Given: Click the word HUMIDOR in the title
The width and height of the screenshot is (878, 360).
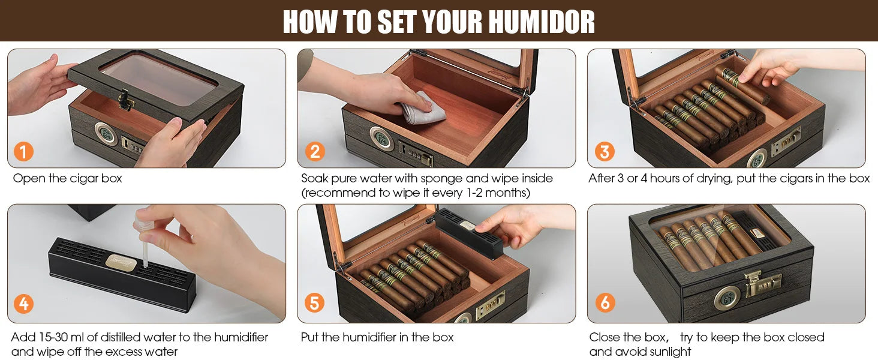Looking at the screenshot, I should [541, 22].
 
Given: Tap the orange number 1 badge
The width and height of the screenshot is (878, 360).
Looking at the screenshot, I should [23, 152].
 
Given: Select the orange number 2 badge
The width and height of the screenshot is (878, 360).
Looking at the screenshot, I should [314, 152].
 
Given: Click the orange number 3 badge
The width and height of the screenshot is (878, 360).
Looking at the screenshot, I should [604, 152].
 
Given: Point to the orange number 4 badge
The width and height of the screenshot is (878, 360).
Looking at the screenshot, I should [23, 304].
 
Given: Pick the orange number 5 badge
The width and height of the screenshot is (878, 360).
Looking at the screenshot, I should [314, 304].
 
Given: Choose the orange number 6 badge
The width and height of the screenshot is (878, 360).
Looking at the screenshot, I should [604, 304].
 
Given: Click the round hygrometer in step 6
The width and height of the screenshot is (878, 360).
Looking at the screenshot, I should [726, 298].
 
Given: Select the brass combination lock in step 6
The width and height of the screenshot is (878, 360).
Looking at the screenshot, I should [763, 283].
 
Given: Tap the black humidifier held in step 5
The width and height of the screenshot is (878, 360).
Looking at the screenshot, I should [468, 231].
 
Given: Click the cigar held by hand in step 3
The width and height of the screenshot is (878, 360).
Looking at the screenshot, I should [744, 86].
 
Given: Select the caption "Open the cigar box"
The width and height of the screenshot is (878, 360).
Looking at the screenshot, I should [67, 178].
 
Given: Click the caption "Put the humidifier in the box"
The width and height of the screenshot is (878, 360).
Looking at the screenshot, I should [377, 337].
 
